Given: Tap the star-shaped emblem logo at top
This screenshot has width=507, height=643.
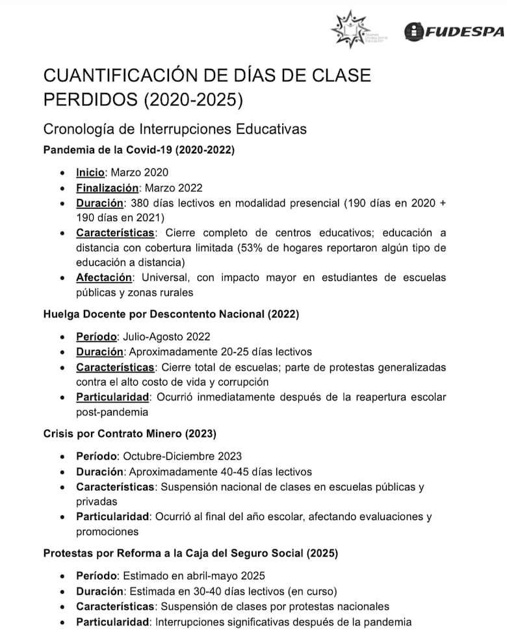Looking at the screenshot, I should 350,29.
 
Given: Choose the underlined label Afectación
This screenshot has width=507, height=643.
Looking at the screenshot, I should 104,278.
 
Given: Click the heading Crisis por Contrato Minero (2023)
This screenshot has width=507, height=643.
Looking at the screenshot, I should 129,434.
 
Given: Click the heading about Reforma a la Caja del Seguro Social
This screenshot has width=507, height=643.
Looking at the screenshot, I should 190,553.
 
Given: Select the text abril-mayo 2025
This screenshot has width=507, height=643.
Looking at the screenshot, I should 221,576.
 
